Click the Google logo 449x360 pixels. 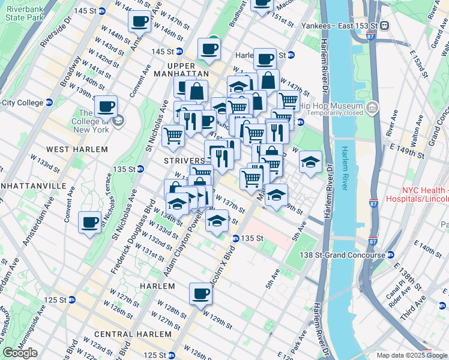20,353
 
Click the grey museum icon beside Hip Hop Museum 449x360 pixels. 372,108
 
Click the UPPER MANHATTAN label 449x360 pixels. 182,70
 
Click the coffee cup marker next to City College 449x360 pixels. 106,106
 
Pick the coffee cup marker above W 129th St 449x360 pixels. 200,293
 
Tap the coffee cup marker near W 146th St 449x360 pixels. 139,22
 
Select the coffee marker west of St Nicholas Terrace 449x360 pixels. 90,223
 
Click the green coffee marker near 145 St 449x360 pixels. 209,48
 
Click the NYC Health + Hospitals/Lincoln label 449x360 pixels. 425,194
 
